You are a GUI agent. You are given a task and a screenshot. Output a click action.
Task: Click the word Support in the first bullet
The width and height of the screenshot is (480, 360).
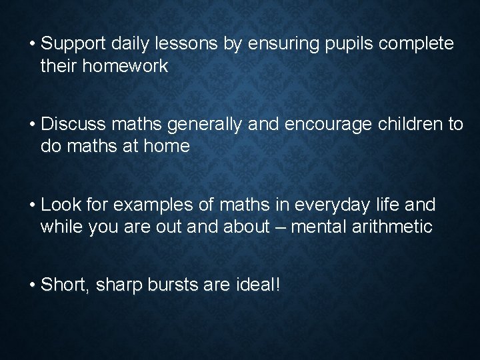[73, 45]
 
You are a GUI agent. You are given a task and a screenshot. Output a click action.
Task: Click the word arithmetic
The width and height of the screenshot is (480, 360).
[394, 227]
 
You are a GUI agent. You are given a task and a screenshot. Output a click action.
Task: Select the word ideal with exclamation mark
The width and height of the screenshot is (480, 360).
[259, 285]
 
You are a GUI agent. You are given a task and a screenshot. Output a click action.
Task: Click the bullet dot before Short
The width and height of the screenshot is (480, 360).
[32, 286]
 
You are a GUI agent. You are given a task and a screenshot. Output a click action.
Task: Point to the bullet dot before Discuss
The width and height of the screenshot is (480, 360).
[32, 125]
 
